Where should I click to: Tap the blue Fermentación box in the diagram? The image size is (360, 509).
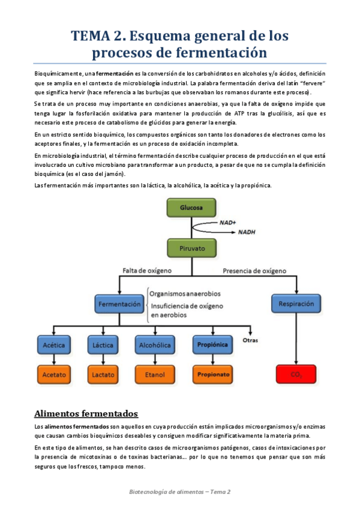coord(119,304)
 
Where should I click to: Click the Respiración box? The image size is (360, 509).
coord(296,304)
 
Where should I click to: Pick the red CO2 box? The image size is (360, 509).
coord(296,375)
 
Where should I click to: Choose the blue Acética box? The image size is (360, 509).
coord(55,345)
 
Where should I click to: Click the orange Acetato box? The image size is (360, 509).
coord(55,375)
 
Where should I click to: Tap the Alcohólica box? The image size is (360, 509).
coord(154,345)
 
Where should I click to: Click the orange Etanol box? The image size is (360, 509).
coord(154,375)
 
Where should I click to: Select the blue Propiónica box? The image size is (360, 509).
coord(212,345)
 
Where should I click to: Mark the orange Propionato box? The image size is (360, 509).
coord(212,375)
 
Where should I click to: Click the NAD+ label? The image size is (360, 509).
coord(227,223)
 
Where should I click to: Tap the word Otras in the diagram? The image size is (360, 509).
coord(250,340)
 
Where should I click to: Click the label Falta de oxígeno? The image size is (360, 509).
coord(147,270)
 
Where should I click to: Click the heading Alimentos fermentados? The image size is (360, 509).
coord(86,414)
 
